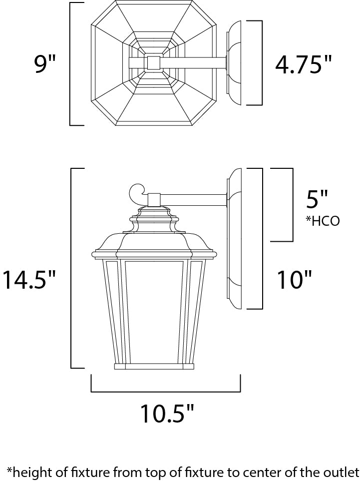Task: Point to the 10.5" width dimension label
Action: point(167,413)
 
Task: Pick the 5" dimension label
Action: point(317,199)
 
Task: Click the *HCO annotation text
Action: point(323,221)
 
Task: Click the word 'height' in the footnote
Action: point(33,472)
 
